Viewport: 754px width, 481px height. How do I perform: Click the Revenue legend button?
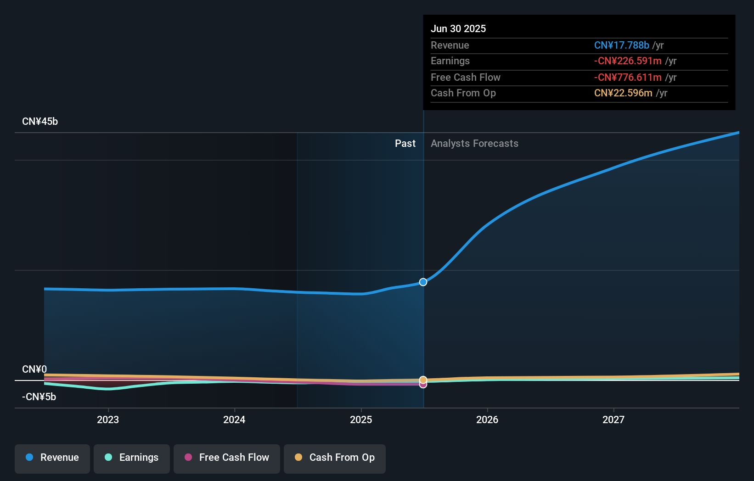tap(52, 458)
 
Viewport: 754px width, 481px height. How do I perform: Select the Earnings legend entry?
tap(132, 458)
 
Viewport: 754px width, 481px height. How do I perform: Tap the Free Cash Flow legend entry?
tap(227, 458)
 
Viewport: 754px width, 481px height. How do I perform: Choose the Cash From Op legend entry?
tap(335, 458)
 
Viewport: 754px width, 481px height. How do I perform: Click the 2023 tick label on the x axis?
tap(108, 419)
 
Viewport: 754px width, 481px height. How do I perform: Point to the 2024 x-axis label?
tap(234, 419)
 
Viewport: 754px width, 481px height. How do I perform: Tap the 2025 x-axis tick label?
tap(361, 419)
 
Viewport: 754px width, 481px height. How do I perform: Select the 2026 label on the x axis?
tap(487, 419)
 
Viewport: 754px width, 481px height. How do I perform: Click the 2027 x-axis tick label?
tap(613, 419)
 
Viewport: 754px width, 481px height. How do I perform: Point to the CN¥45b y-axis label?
tap(40, 122)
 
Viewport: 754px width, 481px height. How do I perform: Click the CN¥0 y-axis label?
tap(34, 369)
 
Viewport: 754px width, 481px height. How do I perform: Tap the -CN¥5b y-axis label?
tap(39, 397)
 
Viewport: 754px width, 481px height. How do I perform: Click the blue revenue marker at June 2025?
tap(423, 282)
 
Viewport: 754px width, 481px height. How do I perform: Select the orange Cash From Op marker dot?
tap(423, 380)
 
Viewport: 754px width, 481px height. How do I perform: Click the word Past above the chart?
tap(405, 144)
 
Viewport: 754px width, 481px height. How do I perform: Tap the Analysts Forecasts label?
tap(474, 144)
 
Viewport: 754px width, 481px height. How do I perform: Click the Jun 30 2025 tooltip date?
tap(458, 29)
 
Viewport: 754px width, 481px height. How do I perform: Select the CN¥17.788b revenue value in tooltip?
tap(621, 45)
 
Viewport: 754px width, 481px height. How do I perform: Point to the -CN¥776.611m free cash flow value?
tap(628, 78)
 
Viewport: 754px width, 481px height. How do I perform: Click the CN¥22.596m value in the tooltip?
tap(623, 93)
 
